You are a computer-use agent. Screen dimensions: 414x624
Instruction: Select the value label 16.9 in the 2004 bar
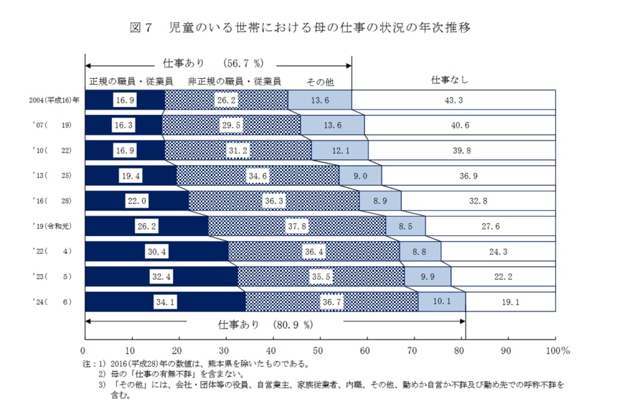[125, 100]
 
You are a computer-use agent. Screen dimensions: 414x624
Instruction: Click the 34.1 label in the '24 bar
[165, 302]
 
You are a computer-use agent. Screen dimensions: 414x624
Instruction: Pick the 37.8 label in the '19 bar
[297, 226]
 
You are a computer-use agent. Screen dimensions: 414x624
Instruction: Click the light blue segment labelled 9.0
[360, 176]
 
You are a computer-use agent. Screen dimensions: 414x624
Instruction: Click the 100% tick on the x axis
[557, 351]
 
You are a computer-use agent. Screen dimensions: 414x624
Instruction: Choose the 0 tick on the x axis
[85, 351]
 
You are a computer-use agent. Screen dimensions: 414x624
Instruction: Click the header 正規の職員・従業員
[126, 81]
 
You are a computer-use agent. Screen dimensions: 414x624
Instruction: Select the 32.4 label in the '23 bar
[161, 277]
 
